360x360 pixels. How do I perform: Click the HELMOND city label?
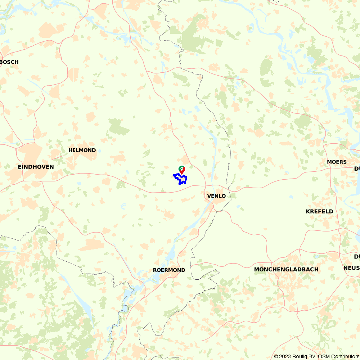tap(82, 150)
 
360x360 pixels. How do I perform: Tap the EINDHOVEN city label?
tap(36, 167)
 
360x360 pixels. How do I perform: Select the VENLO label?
tap(216, 196)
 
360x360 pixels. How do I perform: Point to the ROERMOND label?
tap(169, 270)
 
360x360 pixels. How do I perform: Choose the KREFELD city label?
tap(319, 211)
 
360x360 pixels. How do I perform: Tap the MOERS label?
tap(337, 162)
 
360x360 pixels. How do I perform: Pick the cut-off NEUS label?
tap(351, 268)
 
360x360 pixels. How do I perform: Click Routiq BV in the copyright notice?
tap(303, 356)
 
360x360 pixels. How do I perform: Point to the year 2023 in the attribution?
tap(284, 356)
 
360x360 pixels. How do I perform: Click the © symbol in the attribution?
tap(276, 356)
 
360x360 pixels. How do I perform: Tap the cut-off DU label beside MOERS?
tap(357, 168)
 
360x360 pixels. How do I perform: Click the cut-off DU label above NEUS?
tap(357, 256)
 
